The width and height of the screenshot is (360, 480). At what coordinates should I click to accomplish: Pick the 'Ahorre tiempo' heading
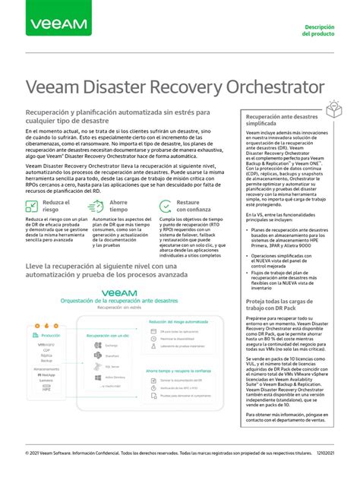tap(118, 207)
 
